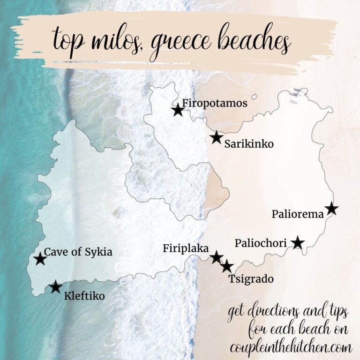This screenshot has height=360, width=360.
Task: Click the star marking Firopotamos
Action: tap(177, 111)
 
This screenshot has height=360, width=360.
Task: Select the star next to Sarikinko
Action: tap(216, 137)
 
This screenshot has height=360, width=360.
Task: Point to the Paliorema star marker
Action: tap(331, 209)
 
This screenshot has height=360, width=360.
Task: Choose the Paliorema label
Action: tap(298, 215)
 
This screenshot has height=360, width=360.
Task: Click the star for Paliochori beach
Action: tap(298, 243)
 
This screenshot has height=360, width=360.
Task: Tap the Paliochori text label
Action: tap(262, 243)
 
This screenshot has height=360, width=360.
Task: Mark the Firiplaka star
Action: tap(216, 257)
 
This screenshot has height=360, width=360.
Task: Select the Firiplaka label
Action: tap(186, 249)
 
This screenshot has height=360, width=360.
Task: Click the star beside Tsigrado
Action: tap(227, 266)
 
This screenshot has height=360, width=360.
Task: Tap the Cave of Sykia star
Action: tap(40, 259)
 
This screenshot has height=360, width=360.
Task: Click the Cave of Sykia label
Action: tap(78, 252)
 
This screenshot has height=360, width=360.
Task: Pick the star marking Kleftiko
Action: tap(56, 287)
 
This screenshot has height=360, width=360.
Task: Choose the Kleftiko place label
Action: tap(84, 296)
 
